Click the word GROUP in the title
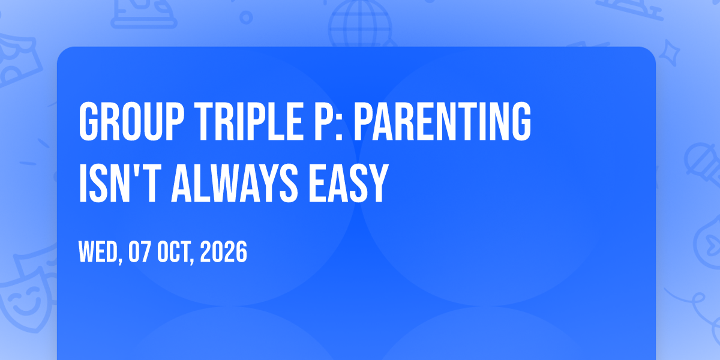click(x=132, y=121)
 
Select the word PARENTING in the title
click(x=442, y=121)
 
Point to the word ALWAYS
click(x=235, y=183)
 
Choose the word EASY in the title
click(x=349, y=183)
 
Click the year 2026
click(x=223, y=251)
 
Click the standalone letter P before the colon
click(x=323, y=121)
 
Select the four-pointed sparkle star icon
click(x=669, y=53)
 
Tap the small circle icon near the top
click(x=246, y=17)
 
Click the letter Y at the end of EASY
click(x=377, y=183)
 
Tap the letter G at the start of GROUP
click(x=88, y=121)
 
